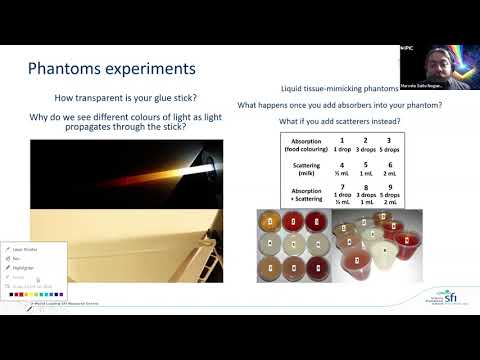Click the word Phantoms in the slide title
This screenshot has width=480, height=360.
[65, 70]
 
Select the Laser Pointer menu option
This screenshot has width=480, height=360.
[24, 249]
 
